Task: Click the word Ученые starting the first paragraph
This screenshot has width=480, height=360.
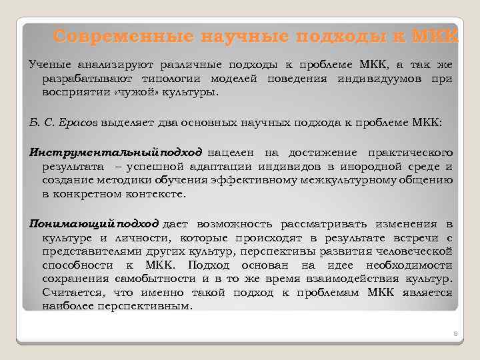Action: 49,65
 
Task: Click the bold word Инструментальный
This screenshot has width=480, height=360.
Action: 91,152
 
